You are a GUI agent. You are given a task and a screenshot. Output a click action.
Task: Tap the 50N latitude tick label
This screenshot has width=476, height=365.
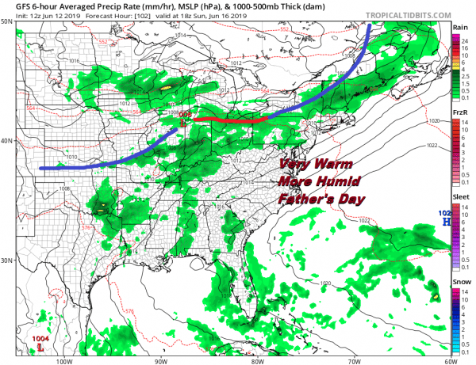point(7,21)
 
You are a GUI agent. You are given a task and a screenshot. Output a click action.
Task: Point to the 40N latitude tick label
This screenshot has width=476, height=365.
point(7,141)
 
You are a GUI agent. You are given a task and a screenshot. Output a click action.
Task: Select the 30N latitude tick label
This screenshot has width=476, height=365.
point(7,260)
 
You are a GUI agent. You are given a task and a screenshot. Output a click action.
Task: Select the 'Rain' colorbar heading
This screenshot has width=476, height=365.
point(459,26)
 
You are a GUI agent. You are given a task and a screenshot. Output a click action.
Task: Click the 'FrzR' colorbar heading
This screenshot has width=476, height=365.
point(459,113)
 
